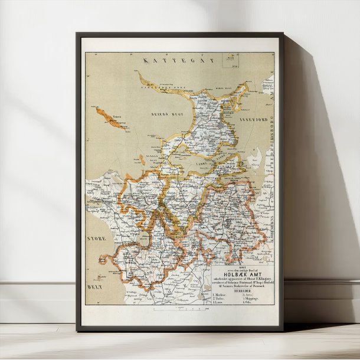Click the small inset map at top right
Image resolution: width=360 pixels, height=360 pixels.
[230, 60]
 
